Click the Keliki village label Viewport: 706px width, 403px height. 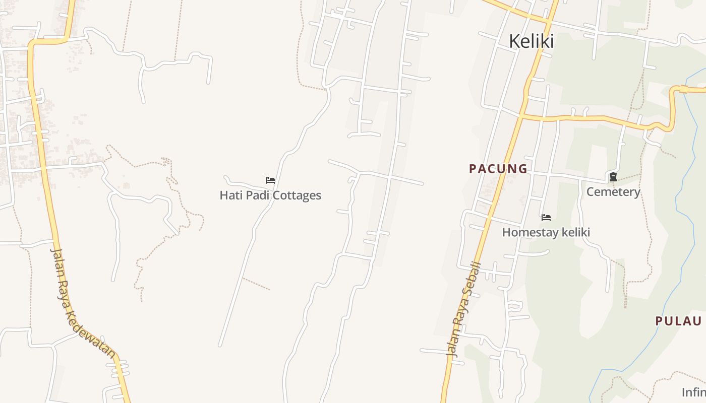point(531,41)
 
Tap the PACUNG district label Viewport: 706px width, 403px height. point(498,169)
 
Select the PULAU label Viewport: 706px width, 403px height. point(678,321)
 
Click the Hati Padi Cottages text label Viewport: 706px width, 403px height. point(270,195)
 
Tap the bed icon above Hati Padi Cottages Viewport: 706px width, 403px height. point(270,180)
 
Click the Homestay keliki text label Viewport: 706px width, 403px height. point(546,232)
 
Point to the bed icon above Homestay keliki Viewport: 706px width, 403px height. point(546,218)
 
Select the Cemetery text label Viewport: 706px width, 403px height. point(613,192)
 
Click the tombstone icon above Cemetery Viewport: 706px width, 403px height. point(613,177)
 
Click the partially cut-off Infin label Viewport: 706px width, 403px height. point(694,392)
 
